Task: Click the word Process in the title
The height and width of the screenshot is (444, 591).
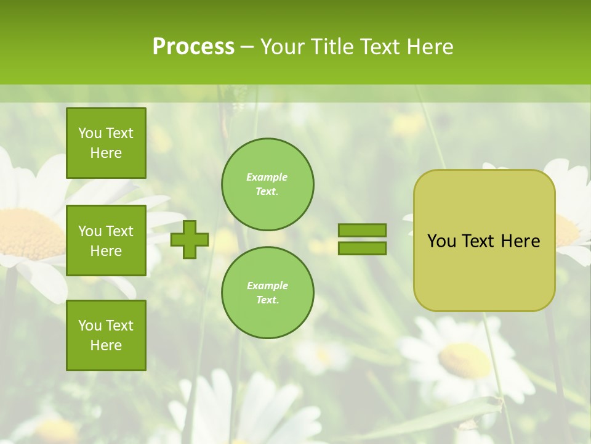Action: pos(193,47)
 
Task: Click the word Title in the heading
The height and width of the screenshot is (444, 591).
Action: pos(331,47)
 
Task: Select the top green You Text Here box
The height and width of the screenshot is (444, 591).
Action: pos(106,143)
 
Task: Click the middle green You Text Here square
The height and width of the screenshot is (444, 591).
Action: pos(106,240)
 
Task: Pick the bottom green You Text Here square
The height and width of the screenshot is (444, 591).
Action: pos(106,335)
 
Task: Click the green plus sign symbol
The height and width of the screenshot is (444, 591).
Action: pos(190,239)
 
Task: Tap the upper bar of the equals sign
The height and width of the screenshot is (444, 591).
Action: pos(362,230)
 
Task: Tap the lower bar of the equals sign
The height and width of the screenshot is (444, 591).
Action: pos(362,248)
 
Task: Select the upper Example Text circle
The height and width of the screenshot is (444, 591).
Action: pos(267,184)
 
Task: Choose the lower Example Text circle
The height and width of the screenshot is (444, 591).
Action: pos(267,292)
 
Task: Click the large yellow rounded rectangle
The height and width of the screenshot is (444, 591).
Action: pos(484,271)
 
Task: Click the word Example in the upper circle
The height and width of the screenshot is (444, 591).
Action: pos(267,177)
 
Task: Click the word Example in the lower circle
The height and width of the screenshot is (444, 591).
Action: pos(267,286)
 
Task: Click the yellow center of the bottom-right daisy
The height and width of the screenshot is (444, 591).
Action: pos(465,360)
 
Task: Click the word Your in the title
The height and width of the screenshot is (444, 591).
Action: pos(281,47)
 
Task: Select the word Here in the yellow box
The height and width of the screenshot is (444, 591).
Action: pos(520,241)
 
